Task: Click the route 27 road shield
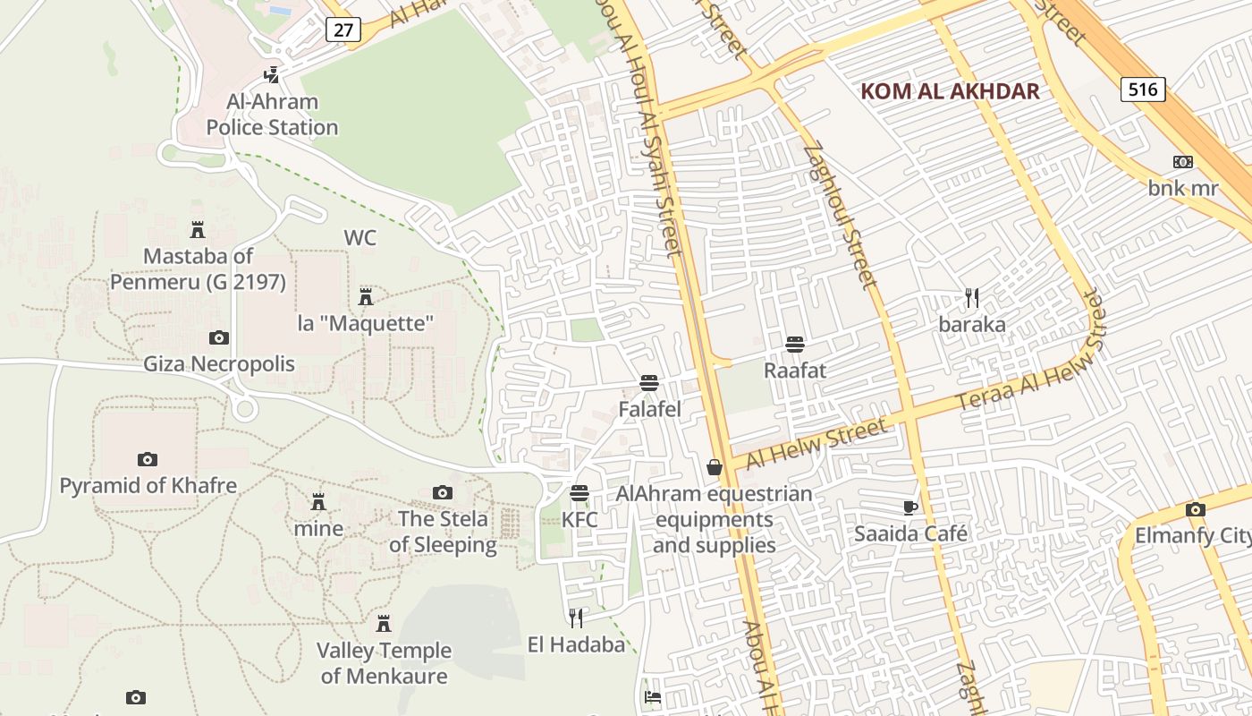pos(343,30)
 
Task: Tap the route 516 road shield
pos(1143,89)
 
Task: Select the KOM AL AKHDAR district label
pos(950,91)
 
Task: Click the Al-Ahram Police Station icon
pos(271,75)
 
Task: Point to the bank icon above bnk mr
pos(1183,162)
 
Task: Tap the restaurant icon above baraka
pos(972,297)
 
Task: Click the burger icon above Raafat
pos(794,344)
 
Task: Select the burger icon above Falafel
pos(649,383)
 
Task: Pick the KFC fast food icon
pos(579,493)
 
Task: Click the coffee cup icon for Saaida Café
pos(910,507)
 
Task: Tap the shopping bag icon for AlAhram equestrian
pos(715,467)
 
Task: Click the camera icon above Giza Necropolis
pos(219,337)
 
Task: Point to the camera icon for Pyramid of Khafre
pos(148,459)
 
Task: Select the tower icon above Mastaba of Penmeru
pos(198,229)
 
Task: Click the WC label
pos(360,238)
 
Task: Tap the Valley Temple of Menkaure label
pos(384,663)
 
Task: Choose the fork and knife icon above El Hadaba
pos(576,617)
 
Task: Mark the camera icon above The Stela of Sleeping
pos(442,492)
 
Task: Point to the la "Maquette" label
pos(365,323)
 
